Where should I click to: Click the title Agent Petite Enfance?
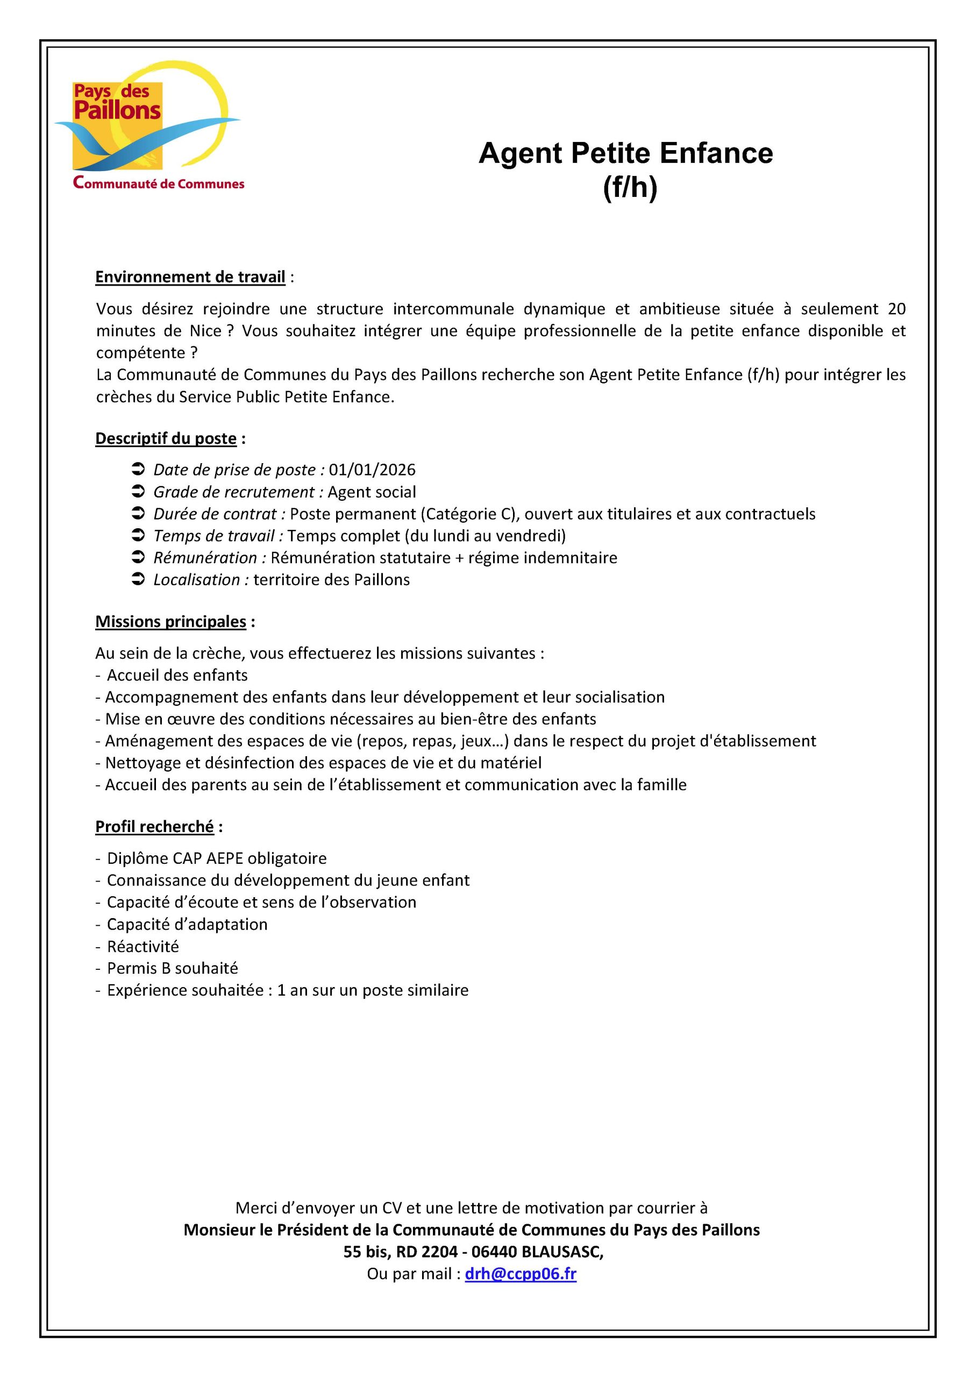pyautogui.click(x=625, y=153)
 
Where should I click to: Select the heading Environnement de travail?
pyautogui.click(x=190, y=277)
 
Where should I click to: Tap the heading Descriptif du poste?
pyautogui.click(x=166, y=439)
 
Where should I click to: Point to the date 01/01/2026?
pyautogui.click(x=372, y=470)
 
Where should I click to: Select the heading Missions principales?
pyautogui.click(x=170, y=621)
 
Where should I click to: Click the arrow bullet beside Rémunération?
pyautogui.click(x=138, y=558)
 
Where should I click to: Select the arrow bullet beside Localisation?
pyautogui.click(x=138, y=580)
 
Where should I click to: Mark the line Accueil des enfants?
pyautogui.click(x=177, y=676)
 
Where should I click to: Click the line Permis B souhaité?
pyautogui.click(x=172, y=968)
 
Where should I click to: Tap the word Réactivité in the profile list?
pyautogui.click(x=143, y=947)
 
